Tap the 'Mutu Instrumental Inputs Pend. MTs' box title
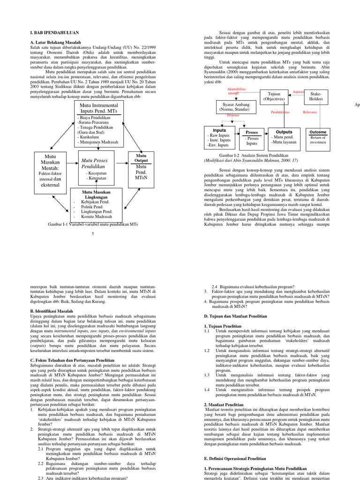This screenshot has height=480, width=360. (x=99, y=108)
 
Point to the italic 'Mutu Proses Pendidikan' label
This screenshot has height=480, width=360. (x=95, y=164)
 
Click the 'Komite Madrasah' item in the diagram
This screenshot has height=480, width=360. (x=96, y=217)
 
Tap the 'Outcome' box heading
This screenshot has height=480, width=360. (x=318, y=132)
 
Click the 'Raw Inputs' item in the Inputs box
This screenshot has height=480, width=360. (x=218, y=135)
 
